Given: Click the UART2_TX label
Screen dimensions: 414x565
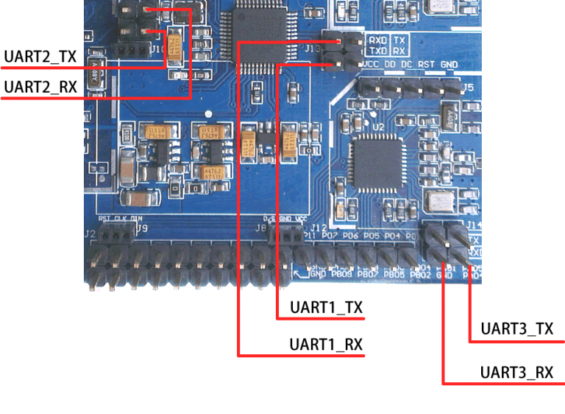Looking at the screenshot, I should [x=40, y=56].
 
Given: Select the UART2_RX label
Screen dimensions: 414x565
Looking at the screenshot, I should [x=40, y=87].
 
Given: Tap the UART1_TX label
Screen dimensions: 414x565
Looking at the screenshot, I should [x=327, y=308].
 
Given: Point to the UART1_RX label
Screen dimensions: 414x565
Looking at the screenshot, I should [x=327, y=344].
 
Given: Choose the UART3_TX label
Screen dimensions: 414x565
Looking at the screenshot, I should [x=516, y=329].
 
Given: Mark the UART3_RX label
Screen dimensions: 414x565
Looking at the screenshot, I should [x=516, y=372].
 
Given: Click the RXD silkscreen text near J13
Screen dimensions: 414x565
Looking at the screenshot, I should [x=378, y=39].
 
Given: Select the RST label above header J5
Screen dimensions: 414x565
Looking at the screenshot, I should [x=427, y=65].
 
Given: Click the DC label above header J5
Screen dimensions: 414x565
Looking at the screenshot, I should [x=407, y=65].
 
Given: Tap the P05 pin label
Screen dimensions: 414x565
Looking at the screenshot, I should [x=372, y=236].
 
